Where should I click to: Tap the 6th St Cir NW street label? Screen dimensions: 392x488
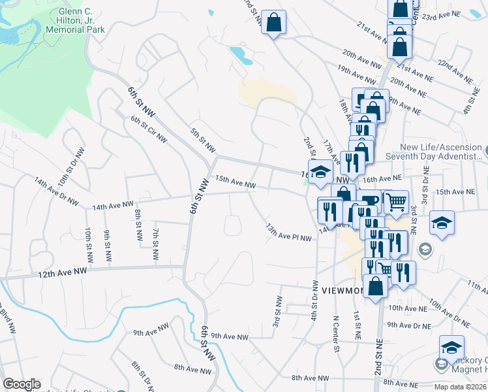click(149, 130)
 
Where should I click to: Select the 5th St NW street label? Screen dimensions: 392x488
click(203, 140)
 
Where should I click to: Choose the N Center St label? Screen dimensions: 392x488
click(337, 334)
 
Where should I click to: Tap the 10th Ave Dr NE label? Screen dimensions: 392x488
click(448, 314)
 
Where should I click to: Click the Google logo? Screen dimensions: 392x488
click(22, 384)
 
